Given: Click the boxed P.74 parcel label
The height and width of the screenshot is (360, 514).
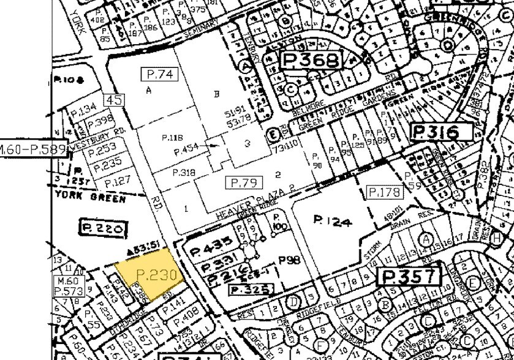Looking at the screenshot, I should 159,74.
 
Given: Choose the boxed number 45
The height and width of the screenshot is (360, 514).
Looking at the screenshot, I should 114,100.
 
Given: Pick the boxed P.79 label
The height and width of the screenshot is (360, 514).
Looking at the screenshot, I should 243,182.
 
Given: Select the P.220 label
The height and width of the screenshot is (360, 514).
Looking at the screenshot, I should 103,228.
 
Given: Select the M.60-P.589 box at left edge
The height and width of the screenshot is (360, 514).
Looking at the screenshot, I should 32,149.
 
